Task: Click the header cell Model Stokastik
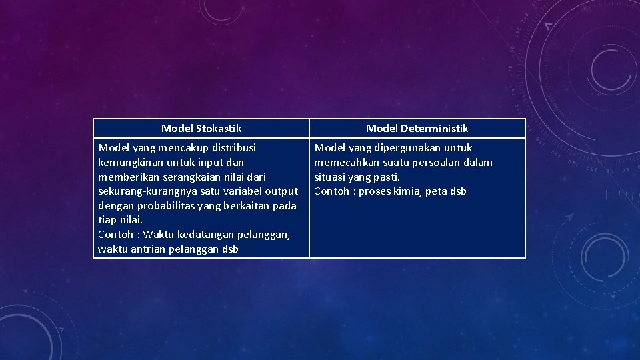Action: coord(201,128)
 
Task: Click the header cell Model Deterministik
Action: coord(417,128)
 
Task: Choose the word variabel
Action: coord(243,191)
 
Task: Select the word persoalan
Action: coord(435,162)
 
